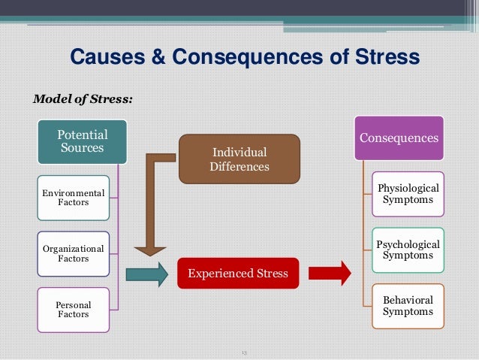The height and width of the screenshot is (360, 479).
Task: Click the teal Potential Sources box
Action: (83, 142)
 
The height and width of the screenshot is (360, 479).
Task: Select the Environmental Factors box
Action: (73, 198)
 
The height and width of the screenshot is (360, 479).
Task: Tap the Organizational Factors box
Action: (73, 253)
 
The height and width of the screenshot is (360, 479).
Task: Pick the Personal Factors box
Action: (73, 309)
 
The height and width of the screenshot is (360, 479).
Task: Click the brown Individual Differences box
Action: (239, 159)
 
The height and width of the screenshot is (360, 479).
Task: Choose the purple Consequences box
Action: (399, 138)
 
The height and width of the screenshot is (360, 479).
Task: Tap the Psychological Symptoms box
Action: (408, 250)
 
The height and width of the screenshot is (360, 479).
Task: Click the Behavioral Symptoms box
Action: (408, 305)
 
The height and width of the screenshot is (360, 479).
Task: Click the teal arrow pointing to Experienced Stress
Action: (146, 274)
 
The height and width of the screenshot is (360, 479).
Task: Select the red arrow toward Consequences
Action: (331, 273)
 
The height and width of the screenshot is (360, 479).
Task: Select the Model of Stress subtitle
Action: (81, 98)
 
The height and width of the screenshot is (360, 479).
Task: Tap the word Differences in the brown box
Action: (239, 166)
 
